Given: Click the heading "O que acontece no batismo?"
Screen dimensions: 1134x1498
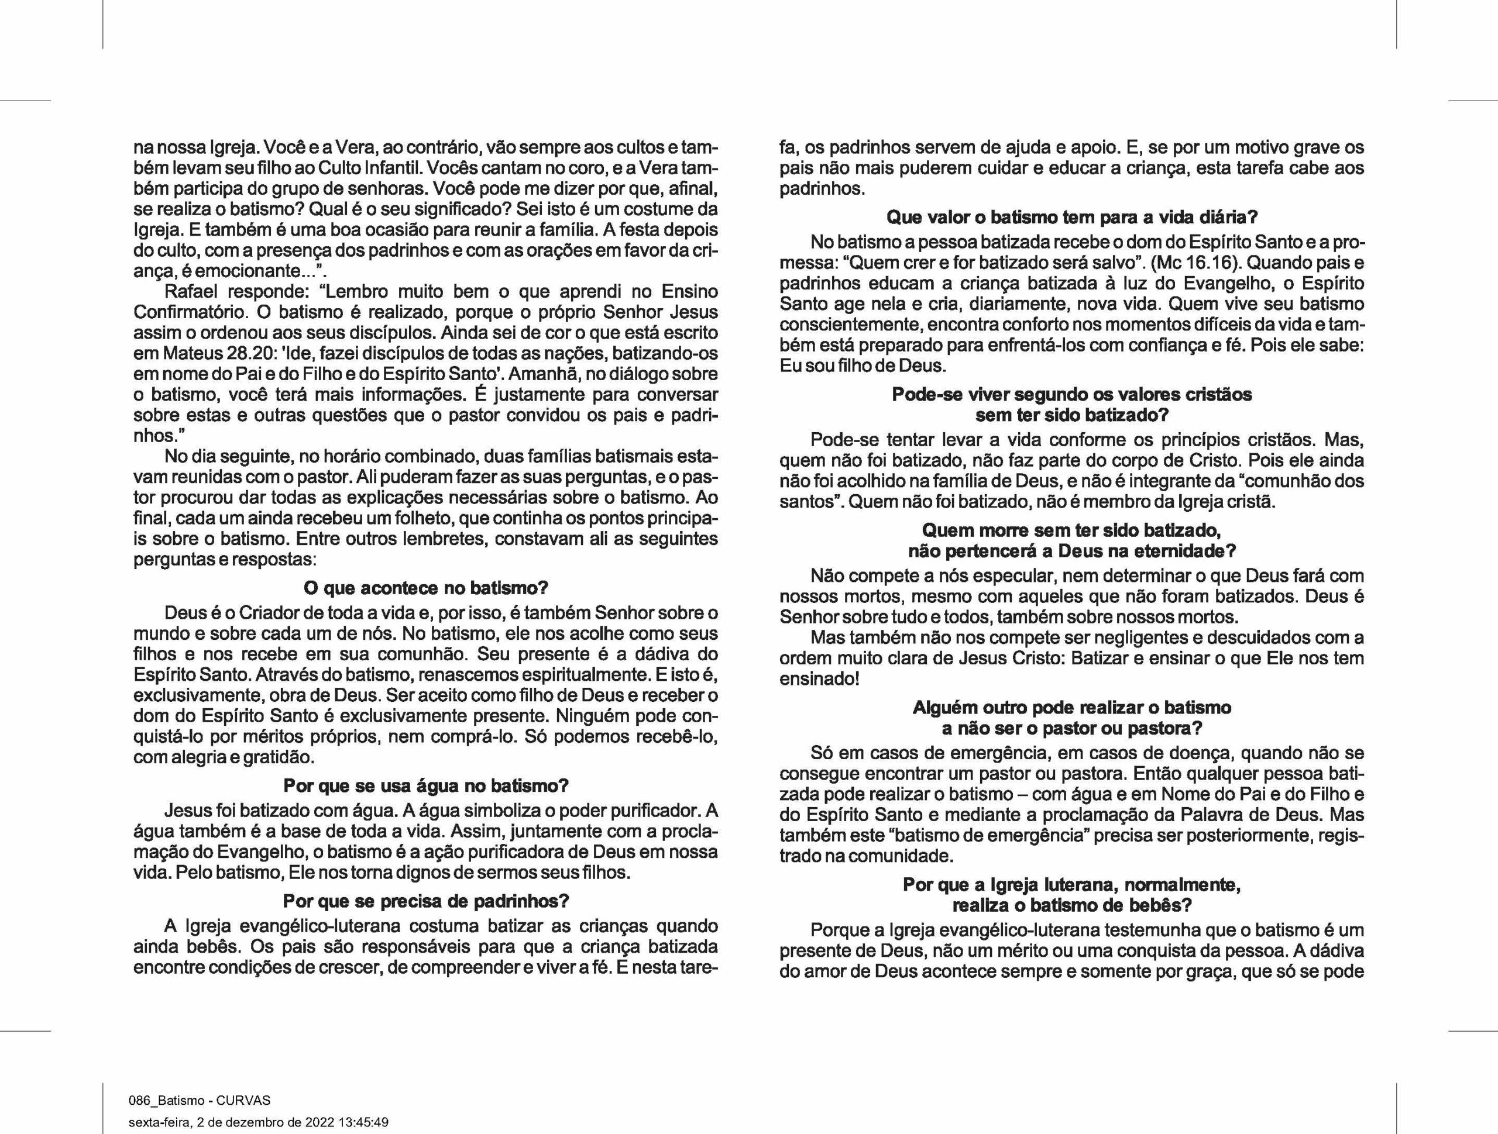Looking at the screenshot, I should pyautogui.click(x=425, y=588).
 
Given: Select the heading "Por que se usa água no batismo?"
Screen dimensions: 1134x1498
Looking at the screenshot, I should pyautogui.click(x=425, y=785).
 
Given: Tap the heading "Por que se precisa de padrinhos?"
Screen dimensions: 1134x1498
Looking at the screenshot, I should pyautogui.click(x=425, y=901).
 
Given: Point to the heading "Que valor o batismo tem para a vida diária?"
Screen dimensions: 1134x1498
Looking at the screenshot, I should pyautogui.click(x=1071, y=218).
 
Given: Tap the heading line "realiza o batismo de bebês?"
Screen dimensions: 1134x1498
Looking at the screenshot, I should pyautogui.click(x=1071, y=905).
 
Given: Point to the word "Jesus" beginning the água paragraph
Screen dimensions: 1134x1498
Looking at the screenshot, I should pyautogui.click(x=188, y=811).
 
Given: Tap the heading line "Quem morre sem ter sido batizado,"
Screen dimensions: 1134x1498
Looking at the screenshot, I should pyautogui.click(x=1071, y=529).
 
